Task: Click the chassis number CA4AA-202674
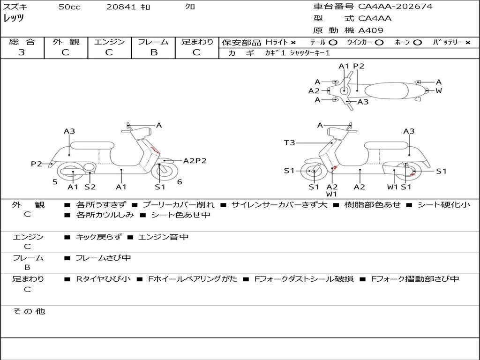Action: (x=395, y=7)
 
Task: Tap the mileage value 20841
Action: (x=121, y=7)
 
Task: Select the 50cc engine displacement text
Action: (x=69, y=7)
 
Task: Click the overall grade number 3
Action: (x=22, y=52)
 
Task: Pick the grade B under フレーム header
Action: (x=153, y=52)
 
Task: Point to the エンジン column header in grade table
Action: (x=109, y=42)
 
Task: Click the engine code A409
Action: (x=371, y=30)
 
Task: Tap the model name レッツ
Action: (x=14, y=18)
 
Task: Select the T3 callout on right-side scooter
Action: (x=289, y=142)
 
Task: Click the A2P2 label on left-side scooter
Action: (x=195, y=161)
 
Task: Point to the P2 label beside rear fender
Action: (x=36, y=164)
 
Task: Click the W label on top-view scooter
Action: (x=439, y=91)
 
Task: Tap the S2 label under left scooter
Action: (x=90, y=187)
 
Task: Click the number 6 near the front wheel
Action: (x=180, y=182)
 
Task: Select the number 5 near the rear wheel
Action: (x=55, y=182)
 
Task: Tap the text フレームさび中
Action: (x=103, y=258)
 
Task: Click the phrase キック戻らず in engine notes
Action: (x=98, y=237)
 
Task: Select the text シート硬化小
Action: (x=443, y=205)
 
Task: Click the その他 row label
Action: (x=29, y=311)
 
